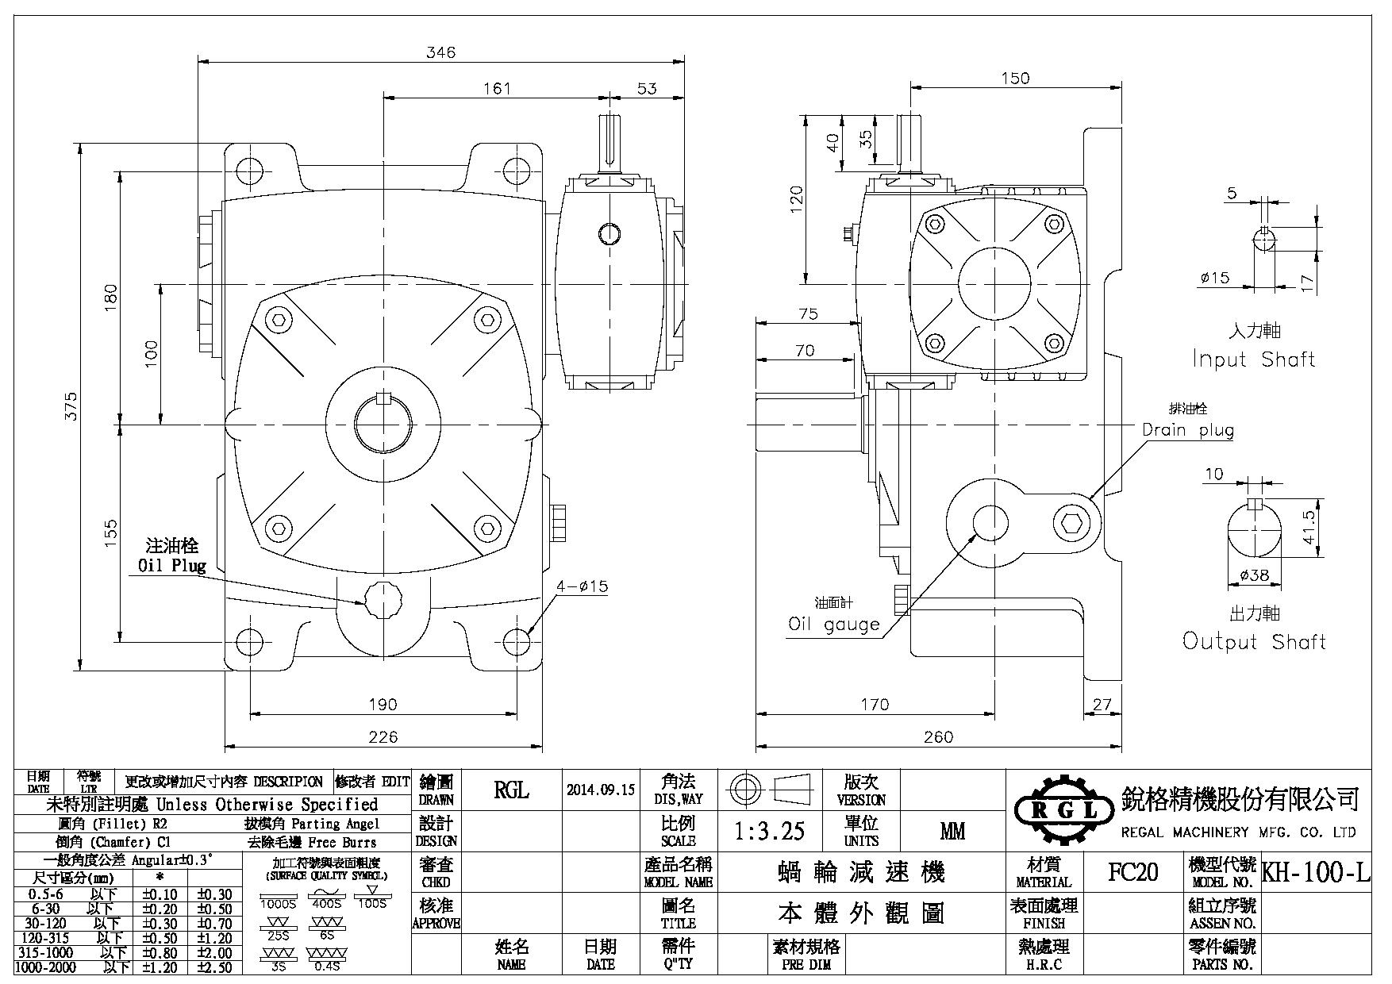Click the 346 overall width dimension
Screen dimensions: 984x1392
click(441, 52)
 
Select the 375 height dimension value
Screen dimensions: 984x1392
click(71, 406)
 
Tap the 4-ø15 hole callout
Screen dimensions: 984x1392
click(582, 586)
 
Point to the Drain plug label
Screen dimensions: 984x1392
click(1188, 430)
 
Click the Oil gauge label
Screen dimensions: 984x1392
click(833, 624)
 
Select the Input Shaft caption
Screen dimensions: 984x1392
click(1254, 359)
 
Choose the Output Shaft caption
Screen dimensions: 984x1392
click(1254, 641)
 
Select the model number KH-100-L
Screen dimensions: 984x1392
click(1316, 873)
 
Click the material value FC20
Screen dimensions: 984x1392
click(1132, 873)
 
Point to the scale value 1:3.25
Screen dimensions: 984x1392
click(769, 831)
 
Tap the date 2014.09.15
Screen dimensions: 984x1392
click(602, 790)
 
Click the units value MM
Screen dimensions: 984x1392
click(952, 831)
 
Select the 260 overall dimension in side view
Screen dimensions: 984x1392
click(938, 737)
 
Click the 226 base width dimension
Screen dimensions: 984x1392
click(383, 737)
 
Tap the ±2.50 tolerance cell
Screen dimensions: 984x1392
click(214, 967)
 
